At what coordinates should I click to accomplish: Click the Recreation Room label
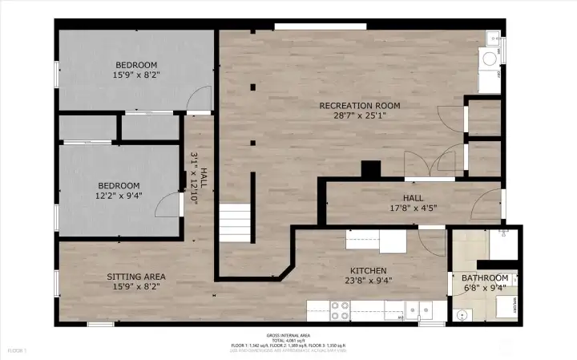tap(359, 106)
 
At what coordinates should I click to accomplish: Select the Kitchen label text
tap(368, 270)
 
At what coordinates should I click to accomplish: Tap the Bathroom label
tap(485, 278)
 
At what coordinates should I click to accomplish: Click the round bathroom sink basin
tap(462, 314)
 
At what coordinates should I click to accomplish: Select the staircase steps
tap(236, 221)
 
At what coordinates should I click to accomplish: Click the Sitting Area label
tap(136, 277)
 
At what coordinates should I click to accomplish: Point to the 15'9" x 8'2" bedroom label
tap(136, 71)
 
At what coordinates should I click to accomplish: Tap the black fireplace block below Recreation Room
tap(370, 170)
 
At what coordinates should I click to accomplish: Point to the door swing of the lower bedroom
tap(167, 205)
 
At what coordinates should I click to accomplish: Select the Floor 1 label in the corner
tap(17, 350)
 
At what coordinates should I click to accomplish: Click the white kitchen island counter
tap(377, 241)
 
